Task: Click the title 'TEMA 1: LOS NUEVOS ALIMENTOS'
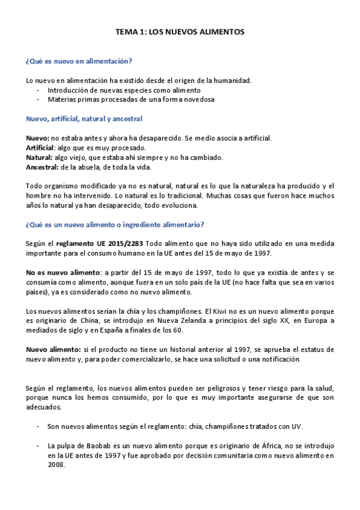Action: tap(180, 34)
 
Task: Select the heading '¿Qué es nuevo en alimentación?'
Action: tap(79, 61)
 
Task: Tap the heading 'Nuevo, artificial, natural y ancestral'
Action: tap(84, 119)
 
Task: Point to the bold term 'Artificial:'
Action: tap(41, 148)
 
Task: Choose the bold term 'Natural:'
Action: tap(39, 158)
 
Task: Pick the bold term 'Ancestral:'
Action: tap(42, 167)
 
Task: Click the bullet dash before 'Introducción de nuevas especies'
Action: tap(38, 90)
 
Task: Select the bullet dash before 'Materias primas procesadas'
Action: tap(38, 100)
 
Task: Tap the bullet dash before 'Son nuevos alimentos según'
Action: tap(38, 426)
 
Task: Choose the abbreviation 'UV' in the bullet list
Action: tap(296, 426)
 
